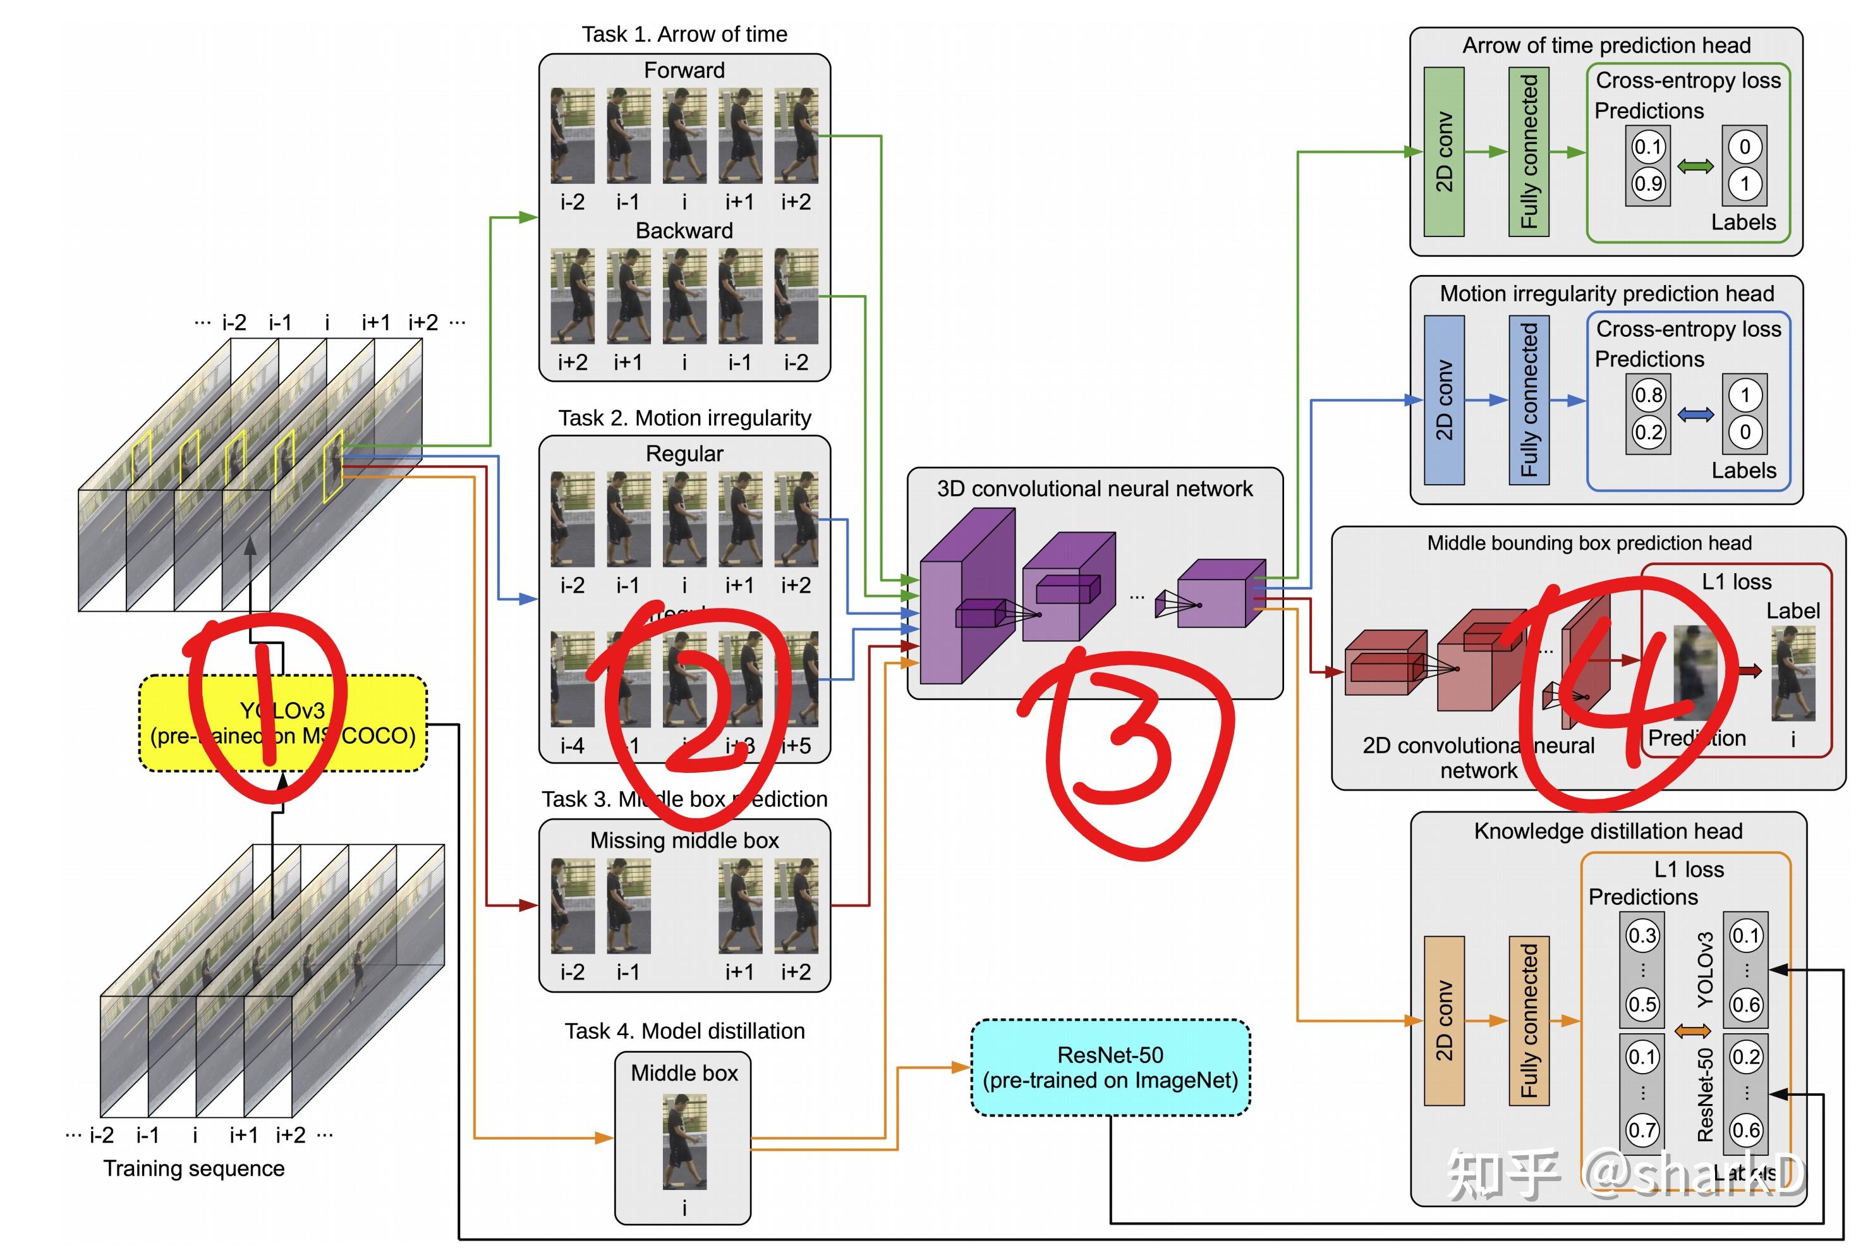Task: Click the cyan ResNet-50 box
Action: (1109, 1067)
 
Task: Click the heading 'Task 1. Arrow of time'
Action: (684, 34)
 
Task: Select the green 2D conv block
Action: (1443, 152)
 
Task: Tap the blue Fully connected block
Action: (1527, 400)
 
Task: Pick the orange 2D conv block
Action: (1443, 1021)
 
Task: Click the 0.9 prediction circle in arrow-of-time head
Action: (1647, 184)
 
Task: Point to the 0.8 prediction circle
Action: (1647, 394)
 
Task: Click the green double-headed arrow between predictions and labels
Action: (1695, 166)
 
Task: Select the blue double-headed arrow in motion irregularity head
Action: (1695, 415)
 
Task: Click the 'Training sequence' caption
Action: (194, 1168)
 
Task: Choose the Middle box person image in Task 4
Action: (684, 1141)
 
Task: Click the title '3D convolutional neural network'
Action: (1094, 488)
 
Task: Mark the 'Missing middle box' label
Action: (684, 840)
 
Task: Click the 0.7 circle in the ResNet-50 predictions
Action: (1642, 1130)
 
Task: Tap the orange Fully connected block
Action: (1527, 1021)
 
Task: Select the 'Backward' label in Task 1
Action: (684, 231)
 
